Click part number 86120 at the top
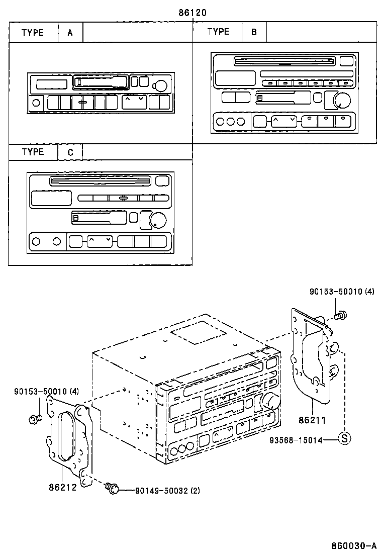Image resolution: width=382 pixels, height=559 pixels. [193, 13]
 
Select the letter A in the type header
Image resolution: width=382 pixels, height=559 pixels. [70, 33]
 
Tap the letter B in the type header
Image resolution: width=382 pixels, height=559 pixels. [254, 33]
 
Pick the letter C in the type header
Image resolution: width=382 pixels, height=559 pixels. [70, 152]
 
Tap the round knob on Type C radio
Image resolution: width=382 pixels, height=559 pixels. [157, 220]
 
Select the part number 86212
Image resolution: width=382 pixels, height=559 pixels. [62, 486]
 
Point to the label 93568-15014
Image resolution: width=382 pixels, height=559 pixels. [297, 439]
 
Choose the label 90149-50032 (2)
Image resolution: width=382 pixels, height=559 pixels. [167, 491]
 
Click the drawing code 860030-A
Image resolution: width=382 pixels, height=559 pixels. [353, 545]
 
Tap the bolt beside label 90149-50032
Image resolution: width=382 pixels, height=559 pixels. [113, 487]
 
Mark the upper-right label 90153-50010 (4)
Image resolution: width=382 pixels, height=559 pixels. [342, 291]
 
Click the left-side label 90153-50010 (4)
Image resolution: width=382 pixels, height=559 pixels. [46, 391]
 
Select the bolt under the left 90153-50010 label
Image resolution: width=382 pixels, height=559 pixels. [36, 418]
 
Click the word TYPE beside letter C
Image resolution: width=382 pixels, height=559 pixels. [33, 152]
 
